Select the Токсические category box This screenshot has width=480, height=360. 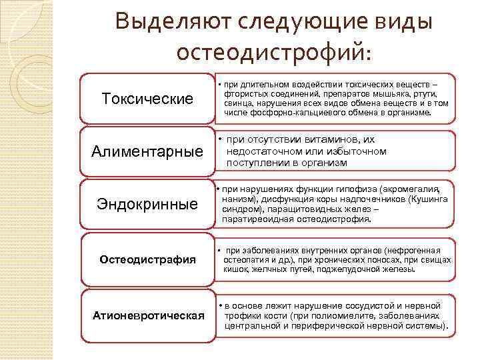pos(147,99)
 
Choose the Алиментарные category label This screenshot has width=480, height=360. pos(147,151)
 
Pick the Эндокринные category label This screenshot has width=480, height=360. pos(147,204)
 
